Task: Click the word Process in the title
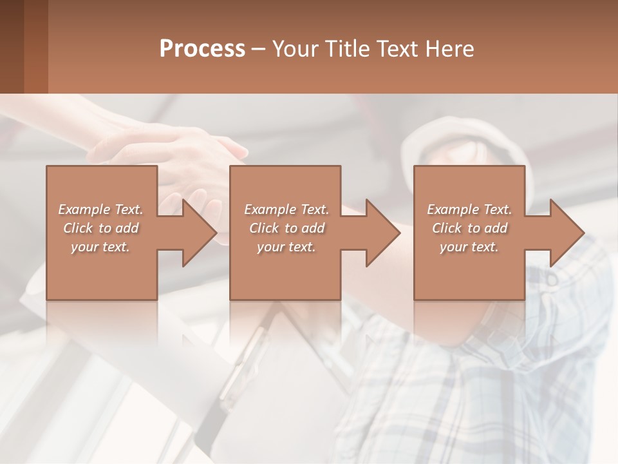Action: pyautogui.click(x=202, y=48)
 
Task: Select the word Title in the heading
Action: pyautogui.click(x=351, y=48)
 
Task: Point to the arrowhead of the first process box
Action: pyautogui.click(x=197, y=233)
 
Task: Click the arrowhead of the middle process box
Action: pyautogui.click(x=381, y=233)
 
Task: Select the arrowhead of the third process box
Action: pyautogui.click(x=565, y=233)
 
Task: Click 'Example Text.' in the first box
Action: pyautogui.click(x=100, y=209)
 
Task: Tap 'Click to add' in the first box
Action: pyautogui.click(x=100, y=228)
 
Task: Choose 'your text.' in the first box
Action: pyautogui.click(x=100, y=247)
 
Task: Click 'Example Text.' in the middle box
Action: pyautogui.click(x=286, y=209)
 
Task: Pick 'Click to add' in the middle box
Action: pyautogui.click(x=286, y=228)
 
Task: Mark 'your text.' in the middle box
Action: pyautogui.click(x=286, y=247)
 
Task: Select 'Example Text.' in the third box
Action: pyautogui.click(x=469, y=209)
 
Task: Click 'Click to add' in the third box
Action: pyautogui.click(x=469, y=228)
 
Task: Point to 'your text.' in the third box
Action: pyautogui.click(x=469, y=247)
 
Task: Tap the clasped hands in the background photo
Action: pyautogui.click(x=187, y=155)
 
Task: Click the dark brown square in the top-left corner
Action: pyautogui.click(x=12, y=46)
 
